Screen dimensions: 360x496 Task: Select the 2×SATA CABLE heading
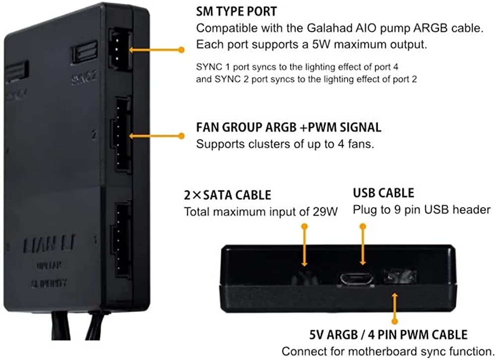point(228,195)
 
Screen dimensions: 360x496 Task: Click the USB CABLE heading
point(383,193)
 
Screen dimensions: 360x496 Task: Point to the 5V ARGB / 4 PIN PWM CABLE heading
point(374,335)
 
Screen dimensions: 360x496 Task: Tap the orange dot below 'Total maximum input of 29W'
point(305,226)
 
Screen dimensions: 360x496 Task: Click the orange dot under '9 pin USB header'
point(363,226)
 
